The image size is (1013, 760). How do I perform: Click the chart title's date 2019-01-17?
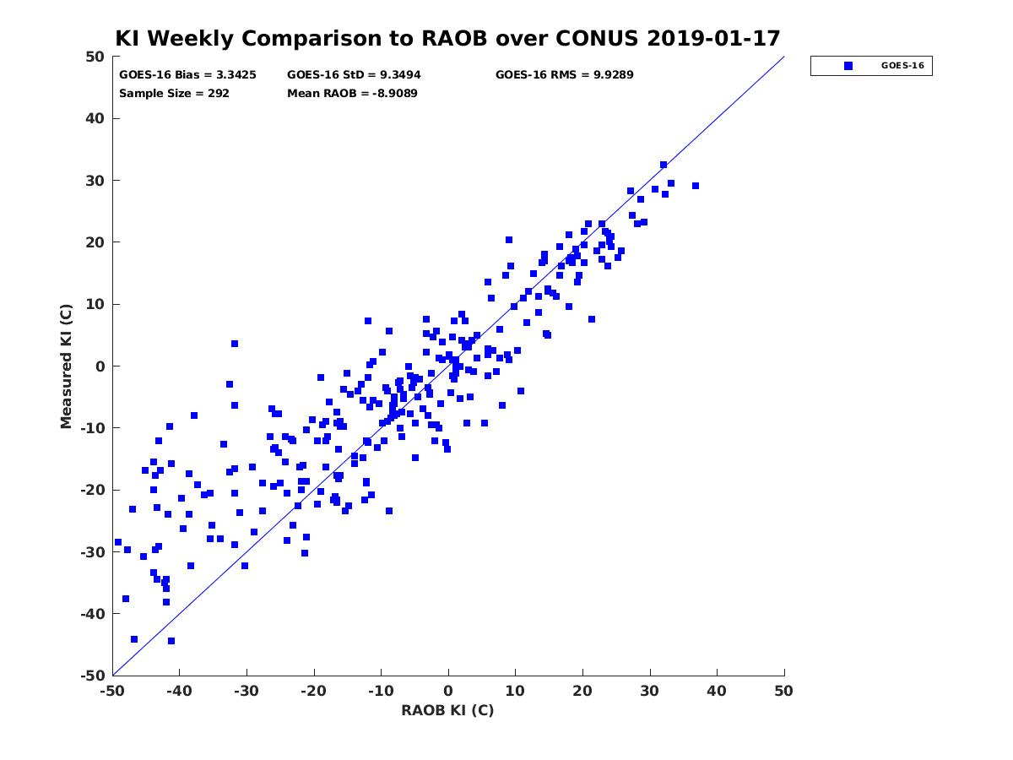click(713, 38)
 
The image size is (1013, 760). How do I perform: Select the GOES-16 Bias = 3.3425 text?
click(187, 75)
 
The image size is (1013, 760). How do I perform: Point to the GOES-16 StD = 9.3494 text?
click(354, 75)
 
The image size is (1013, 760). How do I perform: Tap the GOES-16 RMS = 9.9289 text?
click(564, 75)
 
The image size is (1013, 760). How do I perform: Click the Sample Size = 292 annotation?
click(174, 94)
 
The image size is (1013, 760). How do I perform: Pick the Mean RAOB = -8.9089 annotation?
click(352, 94)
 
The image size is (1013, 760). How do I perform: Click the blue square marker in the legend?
click(848, 66)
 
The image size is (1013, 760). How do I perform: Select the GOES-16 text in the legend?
click(902, 66)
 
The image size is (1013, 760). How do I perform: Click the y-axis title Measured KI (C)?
click(66, 366)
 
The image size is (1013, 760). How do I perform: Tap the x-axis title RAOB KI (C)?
click(447, 710)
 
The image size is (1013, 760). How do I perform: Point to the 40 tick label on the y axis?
click(95, 118)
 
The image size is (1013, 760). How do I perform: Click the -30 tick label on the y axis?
click(93, 552)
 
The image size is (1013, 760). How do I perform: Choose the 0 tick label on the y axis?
click(100, 366)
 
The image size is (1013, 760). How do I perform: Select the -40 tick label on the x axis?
click(179, 691)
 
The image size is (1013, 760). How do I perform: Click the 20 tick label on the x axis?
click(582, 691)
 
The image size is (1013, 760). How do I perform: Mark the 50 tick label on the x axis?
click(783, 691)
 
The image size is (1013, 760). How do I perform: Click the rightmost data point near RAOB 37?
click(695, 186)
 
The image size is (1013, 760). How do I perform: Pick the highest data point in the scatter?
click(664, 165)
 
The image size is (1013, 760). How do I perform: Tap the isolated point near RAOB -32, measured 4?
click(235, 344)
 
